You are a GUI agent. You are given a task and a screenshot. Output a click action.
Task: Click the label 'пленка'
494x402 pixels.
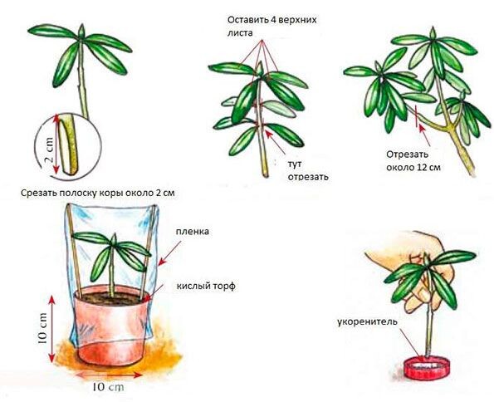click(x=192, y=232)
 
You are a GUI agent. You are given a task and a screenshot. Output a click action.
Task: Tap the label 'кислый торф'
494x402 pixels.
click(x=206, y=287)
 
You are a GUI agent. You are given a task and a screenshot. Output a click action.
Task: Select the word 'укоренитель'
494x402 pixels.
click(x=367, y=322)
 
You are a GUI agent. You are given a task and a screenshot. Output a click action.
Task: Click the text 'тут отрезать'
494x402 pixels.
click(x=308, y=170)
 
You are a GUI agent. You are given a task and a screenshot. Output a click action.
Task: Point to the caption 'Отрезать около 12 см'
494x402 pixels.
click(x=413, y=161)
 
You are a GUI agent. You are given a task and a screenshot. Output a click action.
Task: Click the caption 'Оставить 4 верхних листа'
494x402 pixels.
click(x=271, y=27)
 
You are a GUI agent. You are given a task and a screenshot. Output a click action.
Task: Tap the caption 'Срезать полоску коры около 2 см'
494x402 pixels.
click(x=98, y=193)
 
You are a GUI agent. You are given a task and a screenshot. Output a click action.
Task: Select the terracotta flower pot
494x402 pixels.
click(x=112, y=325)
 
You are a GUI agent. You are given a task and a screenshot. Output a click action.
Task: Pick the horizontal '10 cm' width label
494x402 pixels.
click(x=108, y=387)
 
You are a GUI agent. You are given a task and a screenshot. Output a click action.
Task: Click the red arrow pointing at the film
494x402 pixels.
click(x=170, y=253)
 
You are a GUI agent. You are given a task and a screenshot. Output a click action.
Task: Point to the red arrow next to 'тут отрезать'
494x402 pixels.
click(x=276, y=142)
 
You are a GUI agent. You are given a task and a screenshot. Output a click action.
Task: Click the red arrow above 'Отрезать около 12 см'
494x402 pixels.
click(x=424, y=135)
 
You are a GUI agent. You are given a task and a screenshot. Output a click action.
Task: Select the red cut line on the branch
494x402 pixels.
click(x=416, y=116)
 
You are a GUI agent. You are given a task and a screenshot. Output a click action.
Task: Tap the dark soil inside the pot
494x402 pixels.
click(x=112, y=298)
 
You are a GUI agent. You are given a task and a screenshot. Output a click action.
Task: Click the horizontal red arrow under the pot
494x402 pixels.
click(x=108, y=375)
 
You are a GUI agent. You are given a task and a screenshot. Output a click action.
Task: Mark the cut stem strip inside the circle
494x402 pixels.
click(x=69, y=145)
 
